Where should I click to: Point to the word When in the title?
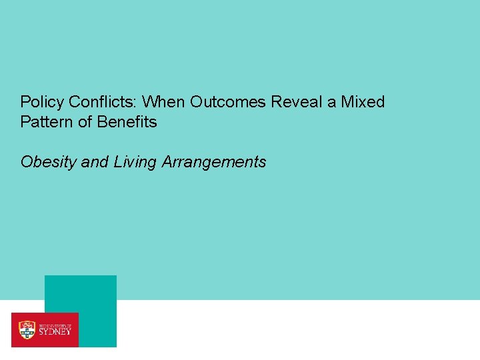tap(163, 102)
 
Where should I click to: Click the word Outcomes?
tap(228, 102)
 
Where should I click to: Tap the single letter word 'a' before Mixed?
tap(331, 103)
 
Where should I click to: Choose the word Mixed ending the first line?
tap(363, 102)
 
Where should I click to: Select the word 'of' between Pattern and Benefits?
tap(83, 122)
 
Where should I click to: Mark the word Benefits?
tap(127, 122)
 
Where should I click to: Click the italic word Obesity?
tap(49, 162)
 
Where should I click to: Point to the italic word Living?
tap(134, 162)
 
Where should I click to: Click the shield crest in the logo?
tap(27, 329)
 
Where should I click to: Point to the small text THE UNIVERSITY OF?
tap(54, 323)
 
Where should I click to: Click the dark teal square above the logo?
tap(81, 293)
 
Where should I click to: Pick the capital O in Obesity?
tap(27, 162)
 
